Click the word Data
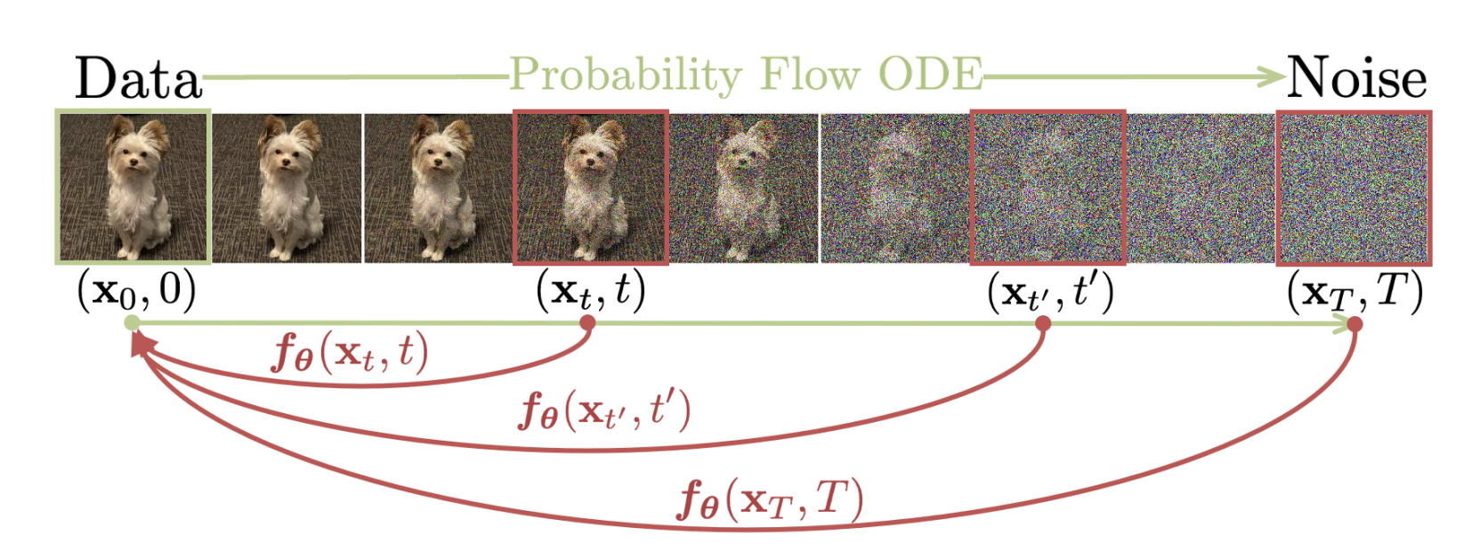click(138, 78)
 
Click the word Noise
click(1356, 78)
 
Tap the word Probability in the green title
click(626, 76)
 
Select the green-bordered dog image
click(133, 187)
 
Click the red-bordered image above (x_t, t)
click(591, 187)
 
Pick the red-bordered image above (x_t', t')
click(1047, 187)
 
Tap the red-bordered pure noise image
click(1355, 187)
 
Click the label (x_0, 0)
click(137, 291)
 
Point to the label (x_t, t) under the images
click(591, 291)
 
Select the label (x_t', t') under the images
click(1050, 291)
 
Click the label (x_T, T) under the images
click(1355, 291)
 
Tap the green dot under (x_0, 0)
click(132, 323)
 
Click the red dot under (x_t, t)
click(586, 323)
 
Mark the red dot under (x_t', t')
click(1043, 323)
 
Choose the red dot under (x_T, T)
click(1355, 324)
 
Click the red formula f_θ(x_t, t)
click(350, 354)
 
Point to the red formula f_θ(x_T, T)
click(771, 499)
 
